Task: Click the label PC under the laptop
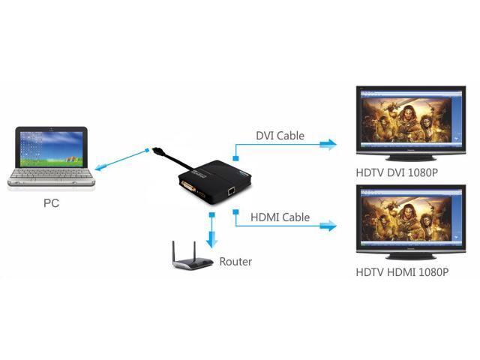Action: tap(51, 202)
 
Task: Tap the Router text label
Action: tap(235, 262)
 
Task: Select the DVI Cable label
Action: tap(280, 136)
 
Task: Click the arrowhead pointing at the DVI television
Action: tap(328, 145)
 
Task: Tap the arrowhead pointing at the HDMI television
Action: tap(328, 226)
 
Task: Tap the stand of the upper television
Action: tap(409, 157)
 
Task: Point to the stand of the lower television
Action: tap(409, 254)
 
